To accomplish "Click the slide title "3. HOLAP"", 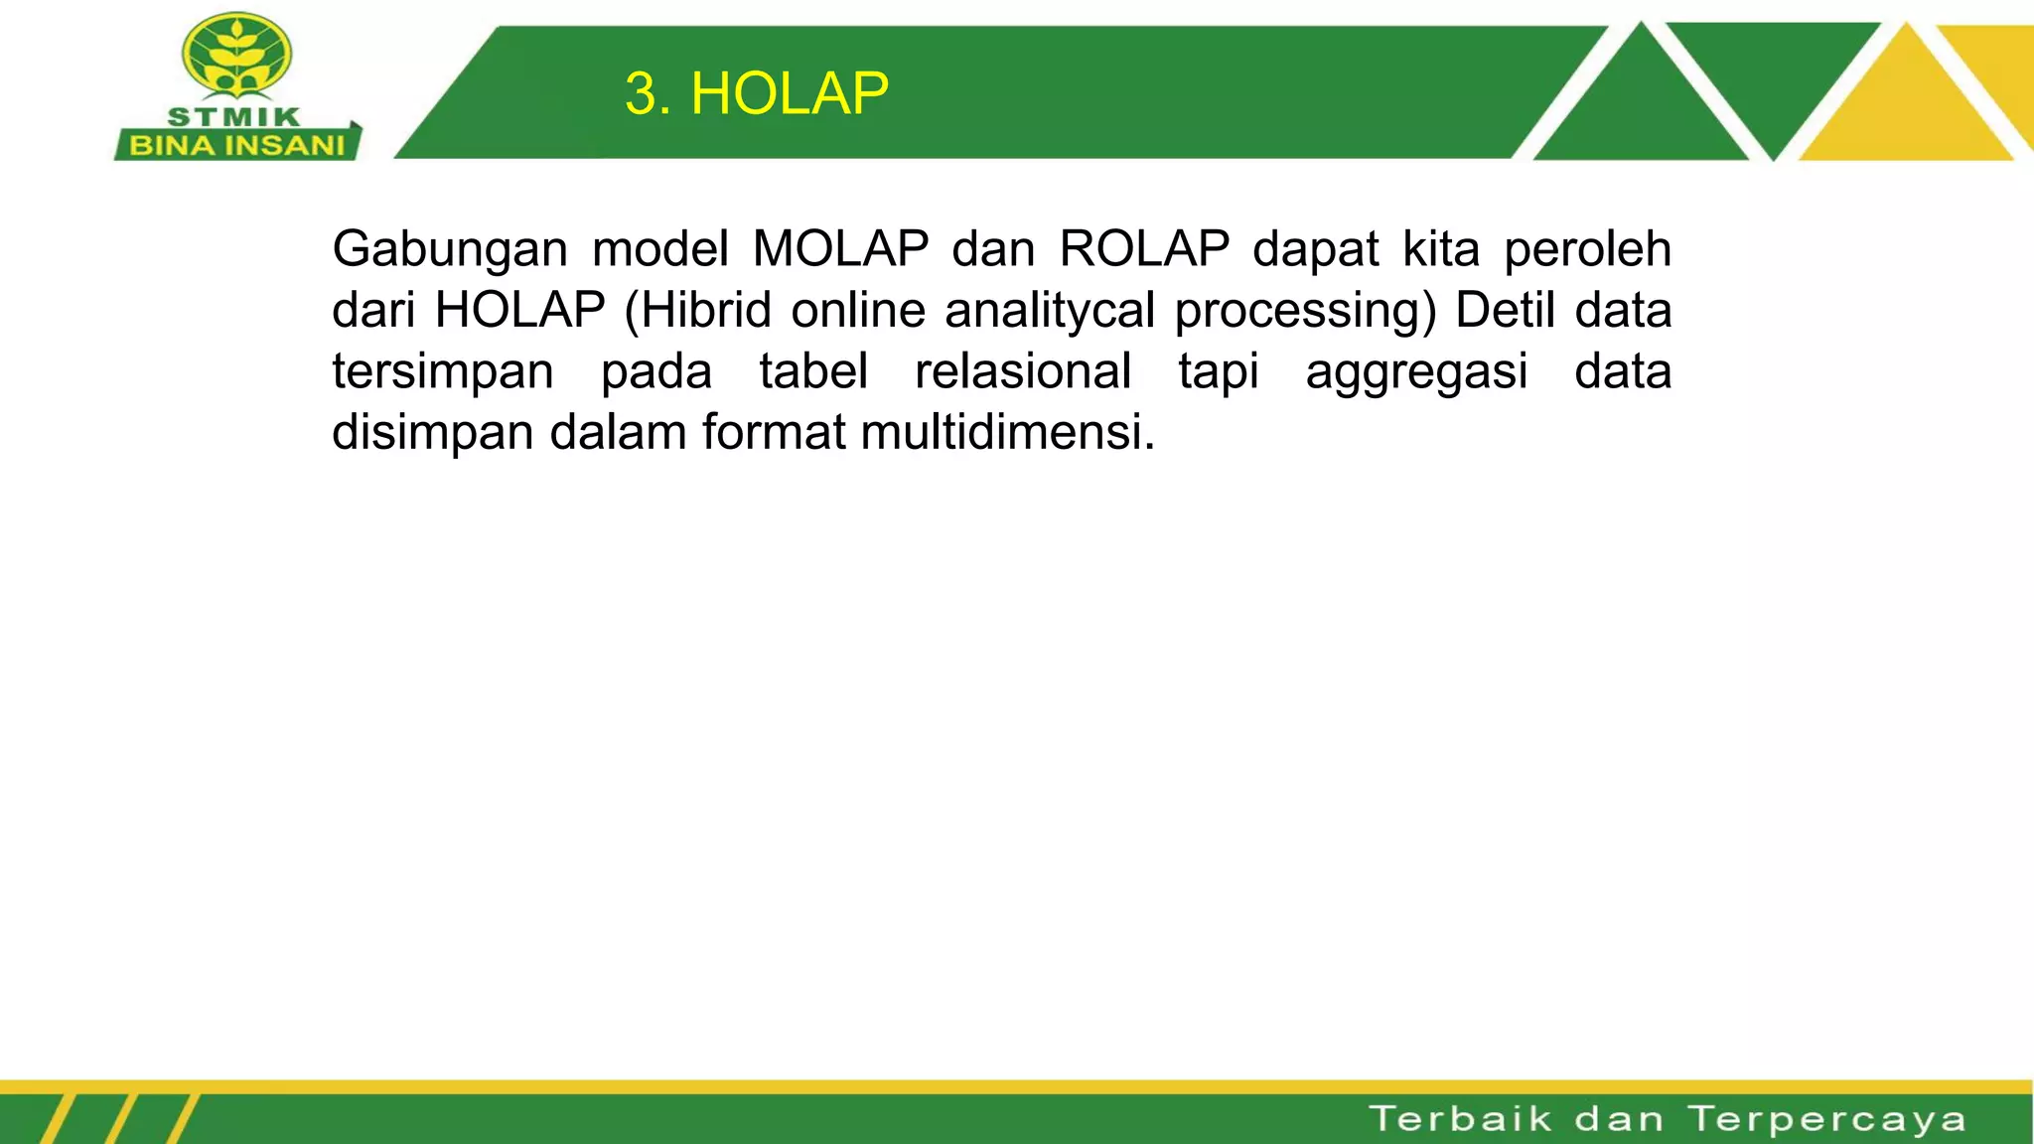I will [x=757, y=94].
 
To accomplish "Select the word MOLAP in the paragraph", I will [x=840, y=248].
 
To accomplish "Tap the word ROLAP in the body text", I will [x=1144, y=248].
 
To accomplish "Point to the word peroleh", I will [x=1587, y=248].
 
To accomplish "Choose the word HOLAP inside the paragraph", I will [x=519, y=310].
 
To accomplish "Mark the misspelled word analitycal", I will [x=1050, y=310].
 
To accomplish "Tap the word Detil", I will [x=1504, y=310].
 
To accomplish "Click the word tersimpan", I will [x=443, y=372].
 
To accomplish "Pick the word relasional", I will [x=1023, y=371].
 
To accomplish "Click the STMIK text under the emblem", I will [x=234, y=117].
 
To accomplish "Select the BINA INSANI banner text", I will [x=237, y=146].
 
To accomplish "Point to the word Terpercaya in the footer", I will [x=1826, y=1119].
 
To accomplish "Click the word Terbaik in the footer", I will [x=1460, y=1118].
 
